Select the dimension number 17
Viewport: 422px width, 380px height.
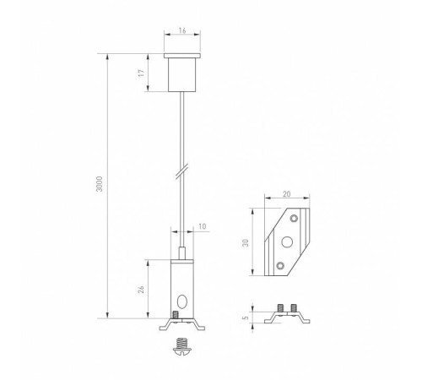(143, 73)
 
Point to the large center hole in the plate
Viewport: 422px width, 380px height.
(286, 242)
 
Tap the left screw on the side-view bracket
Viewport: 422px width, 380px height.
(279, 310)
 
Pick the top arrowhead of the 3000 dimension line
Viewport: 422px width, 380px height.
(108, 58)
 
